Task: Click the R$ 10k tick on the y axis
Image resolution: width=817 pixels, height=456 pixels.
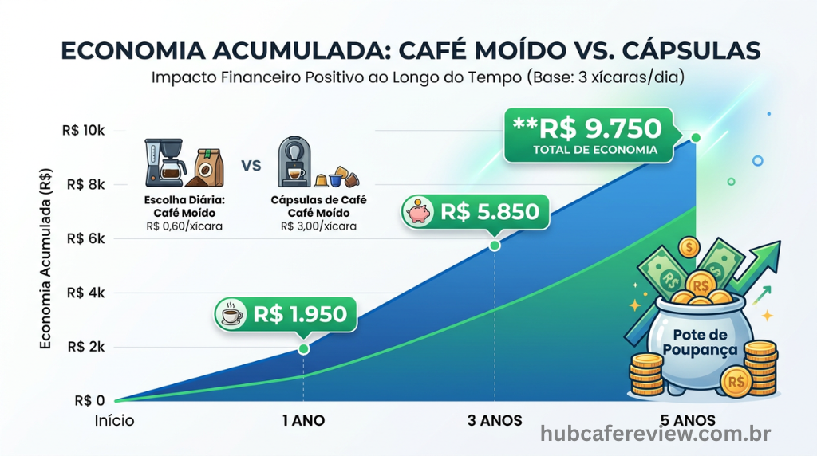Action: [x=87, y=131]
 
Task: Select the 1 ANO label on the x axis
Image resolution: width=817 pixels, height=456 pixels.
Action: [x=303, y=420]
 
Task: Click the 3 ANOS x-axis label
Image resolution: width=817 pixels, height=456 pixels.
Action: [x=495, y=420]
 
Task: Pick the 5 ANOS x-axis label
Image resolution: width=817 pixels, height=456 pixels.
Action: [x=688, y=420]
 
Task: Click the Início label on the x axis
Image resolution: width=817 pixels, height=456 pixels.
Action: [x=113, y=420]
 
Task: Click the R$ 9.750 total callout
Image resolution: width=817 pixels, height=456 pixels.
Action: [x=589, y=136]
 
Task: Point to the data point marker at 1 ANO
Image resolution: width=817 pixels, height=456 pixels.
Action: [x=304, y=349]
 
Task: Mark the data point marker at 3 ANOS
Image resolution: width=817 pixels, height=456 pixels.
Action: [x=495, y=245]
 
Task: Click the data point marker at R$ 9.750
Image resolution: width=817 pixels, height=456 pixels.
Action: [x=696, y=138]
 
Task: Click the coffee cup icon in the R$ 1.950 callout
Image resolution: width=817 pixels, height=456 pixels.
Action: [x=232, y=314]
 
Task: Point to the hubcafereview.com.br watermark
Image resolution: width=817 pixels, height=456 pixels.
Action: [x=655, y=434]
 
